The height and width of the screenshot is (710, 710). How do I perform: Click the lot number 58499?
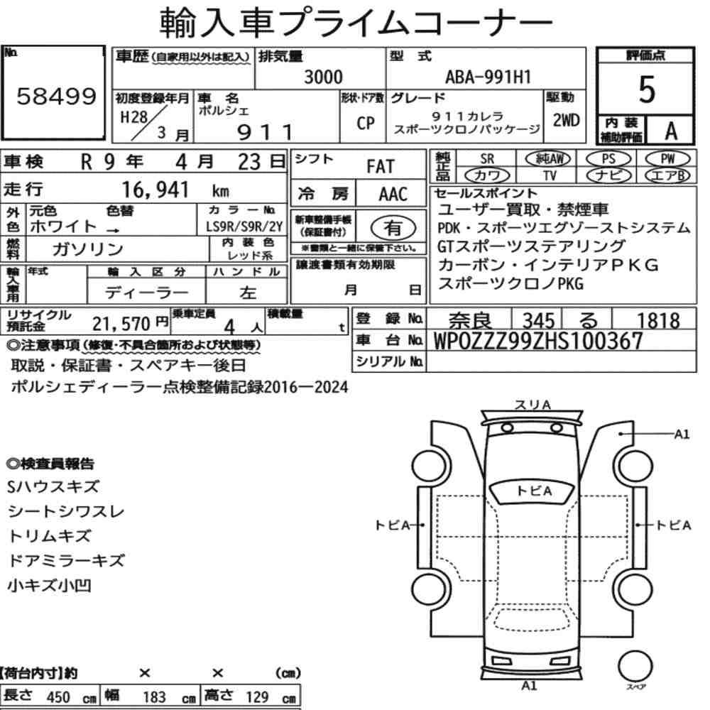[x=57, y=96]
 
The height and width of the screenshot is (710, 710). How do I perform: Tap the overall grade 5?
[x=647, y=89]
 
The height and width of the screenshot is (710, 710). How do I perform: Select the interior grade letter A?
[x=671, y=131]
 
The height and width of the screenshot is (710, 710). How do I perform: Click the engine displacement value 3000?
[x=323, y=77]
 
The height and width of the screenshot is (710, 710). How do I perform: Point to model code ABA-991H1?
[x=488, y=77]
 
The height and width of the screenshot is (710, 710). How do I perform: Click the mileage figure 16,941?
[x=155, y=190]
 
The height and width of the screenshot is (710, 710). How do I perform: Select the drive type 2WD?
[x=566, y=120]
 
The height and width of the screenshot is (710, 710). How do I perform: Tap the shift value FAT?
[x=381, y=167]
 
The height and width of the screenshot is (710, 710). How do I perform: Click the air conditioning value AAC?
[x=393, y=195]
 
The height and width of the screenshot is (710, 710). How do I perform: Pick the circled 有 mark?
[x=393, y=228]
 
